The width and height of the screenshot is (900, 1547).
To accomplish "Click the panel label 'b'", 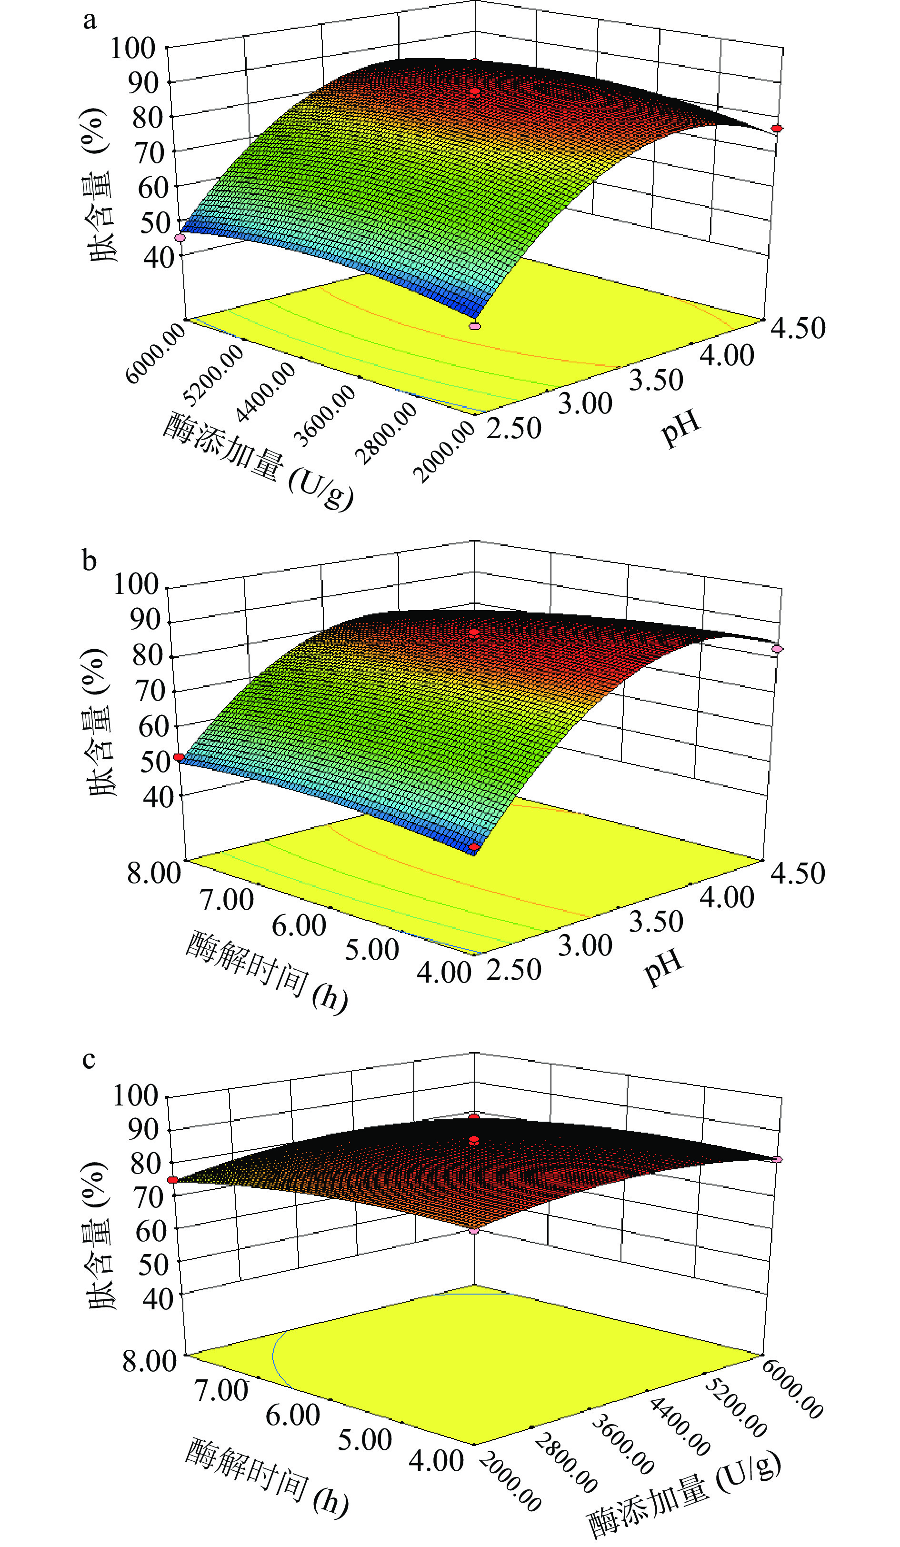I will click(x=90, y=561).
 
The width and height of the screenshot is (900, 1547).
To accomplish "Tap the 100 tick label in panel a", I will click(x=132, y=48).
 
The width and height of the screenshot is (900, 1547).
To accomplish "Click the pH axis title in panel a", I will click(x=680, y=428).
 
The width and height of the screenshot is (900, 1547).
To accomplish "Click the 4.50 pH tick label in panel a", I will click(x=798, y=329).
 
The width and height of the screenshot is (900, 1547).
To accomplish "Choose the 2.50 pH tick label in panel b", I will click(x=514, y=970).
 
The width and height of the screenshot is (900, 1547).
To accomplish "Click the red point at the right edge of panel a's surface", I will click(x=777, y=128).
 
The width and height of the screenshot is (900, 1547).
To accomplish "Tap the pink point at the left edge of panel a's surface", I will click(x=180, y=238).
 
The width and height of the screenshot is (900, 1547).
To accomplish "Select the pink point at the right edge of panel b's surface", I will click(x=777, y=649).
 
